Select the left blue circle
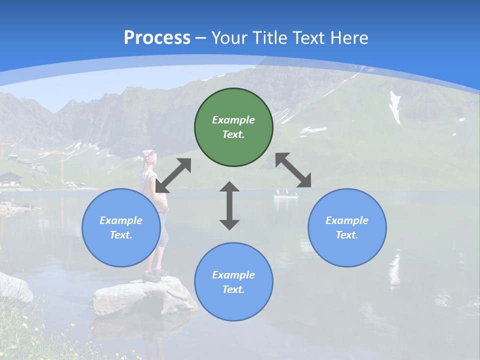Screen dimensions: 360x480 click(121, 227)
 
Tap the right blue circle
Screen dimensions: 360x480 click(347, 227)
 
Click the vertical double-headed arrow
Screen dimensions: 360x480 click(229, 206)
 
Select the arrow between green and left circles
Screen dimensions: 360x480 click(173, 175)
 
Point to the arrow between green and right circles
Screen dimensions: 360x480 click(293, 170)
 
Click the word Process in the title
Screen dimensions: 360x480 click(157, 37)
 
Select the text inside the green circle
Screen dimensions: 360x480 click(233, 127)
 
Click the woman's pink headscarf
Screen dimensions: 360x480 click(149, 155)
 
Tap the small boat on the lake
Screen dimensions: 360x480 click(285, 194)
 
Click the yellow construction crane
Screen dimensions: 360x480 click(62, 165)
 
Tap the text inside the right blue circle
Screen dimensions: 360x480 click(347, 227)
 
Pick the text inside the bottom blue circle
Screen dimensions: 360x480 click(233, 282)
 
